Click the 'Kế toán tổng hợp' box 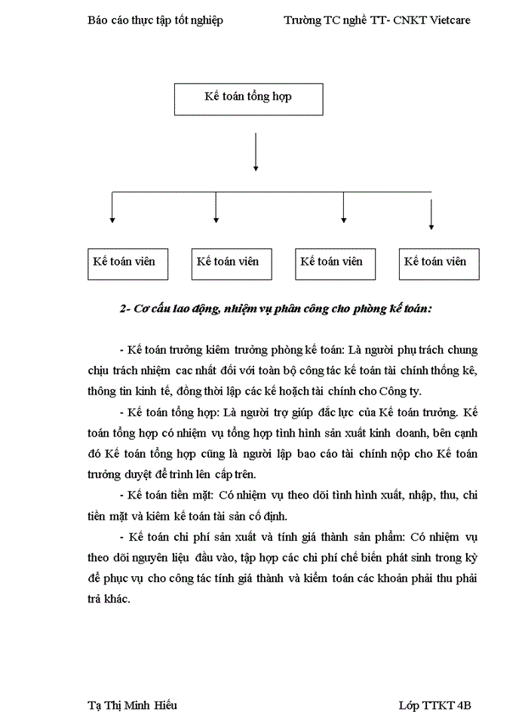(x=249, y=99)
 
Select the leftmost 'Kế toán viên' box (x=127, y=263)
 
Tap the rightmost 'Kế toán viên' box (x=439, y=263)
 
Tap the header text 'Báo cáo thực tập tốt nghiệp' (x=155, y=20)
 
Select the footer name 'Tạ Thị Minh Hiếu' (x=133, y=705)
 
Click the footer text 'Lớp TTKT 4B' (x=435, y=705)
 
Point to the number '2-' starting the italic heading (x=125, y=308)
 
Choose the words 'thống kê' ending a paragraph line (x=455, y=370)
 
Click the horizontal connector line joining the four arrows (x=272, y=193)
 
